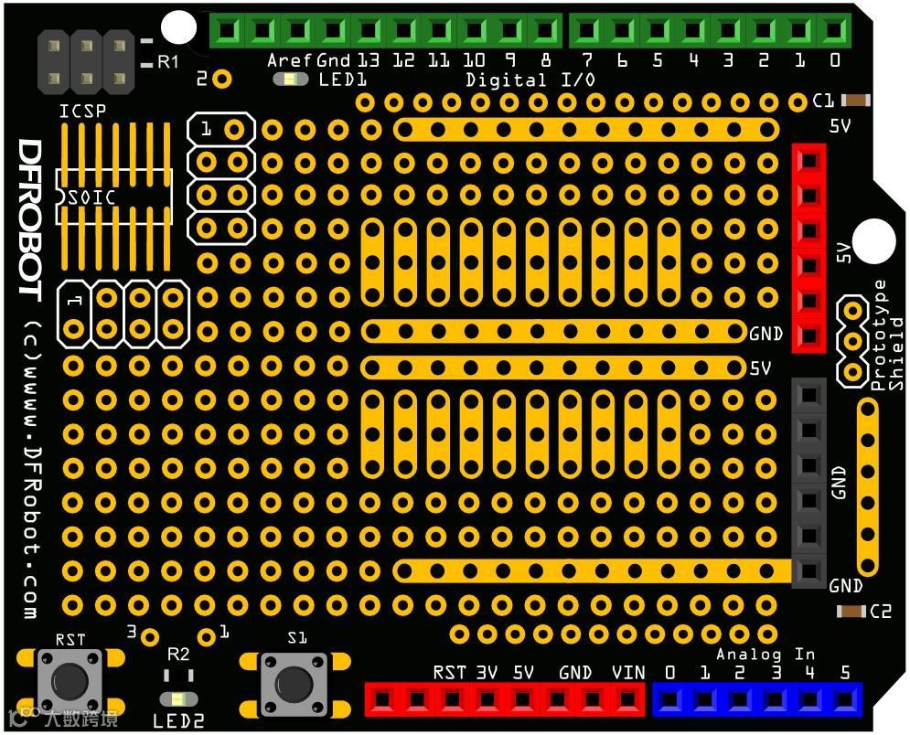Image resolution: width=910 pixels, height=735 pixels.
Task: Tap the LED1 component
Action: tap(291, 80)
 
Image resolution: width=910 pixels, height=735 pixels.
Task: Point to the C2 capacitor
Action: tap(851, 611)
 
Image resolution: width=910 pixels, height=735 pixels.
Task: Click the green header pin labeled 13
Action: tap(368, 30)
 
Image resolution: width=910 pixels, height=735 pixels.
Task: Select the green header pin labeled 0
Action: tap(832, 30)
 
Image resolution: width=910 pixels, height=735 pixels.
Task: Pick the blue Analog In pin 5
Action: tap(843, 700)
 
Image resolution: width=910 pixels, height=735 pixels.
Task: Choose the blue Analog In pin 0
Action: tap(669, 700)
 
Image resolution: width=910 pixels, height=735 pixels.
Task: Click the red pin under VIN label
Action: tap(627, 700)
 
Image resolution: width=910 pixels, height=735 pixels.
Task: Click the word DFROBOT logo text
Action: tap(30, 219)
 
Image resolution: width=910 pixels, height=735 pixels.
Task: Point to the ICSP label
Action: tap(82, 112)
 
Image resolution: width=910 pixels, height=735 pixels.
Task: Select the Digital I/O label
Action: tap(530, 80)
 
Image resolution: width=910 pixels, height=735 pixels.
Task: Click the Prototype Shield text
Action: tap(888, 335)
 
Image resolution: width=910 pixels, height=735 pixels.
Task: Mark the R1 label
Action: tap(168, 62)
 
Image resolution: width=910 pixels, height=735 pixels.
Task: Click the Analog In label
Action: tap(765, 654)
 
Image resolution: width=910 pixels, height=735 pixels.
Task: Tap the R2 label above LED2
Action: tap(178, 655)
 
